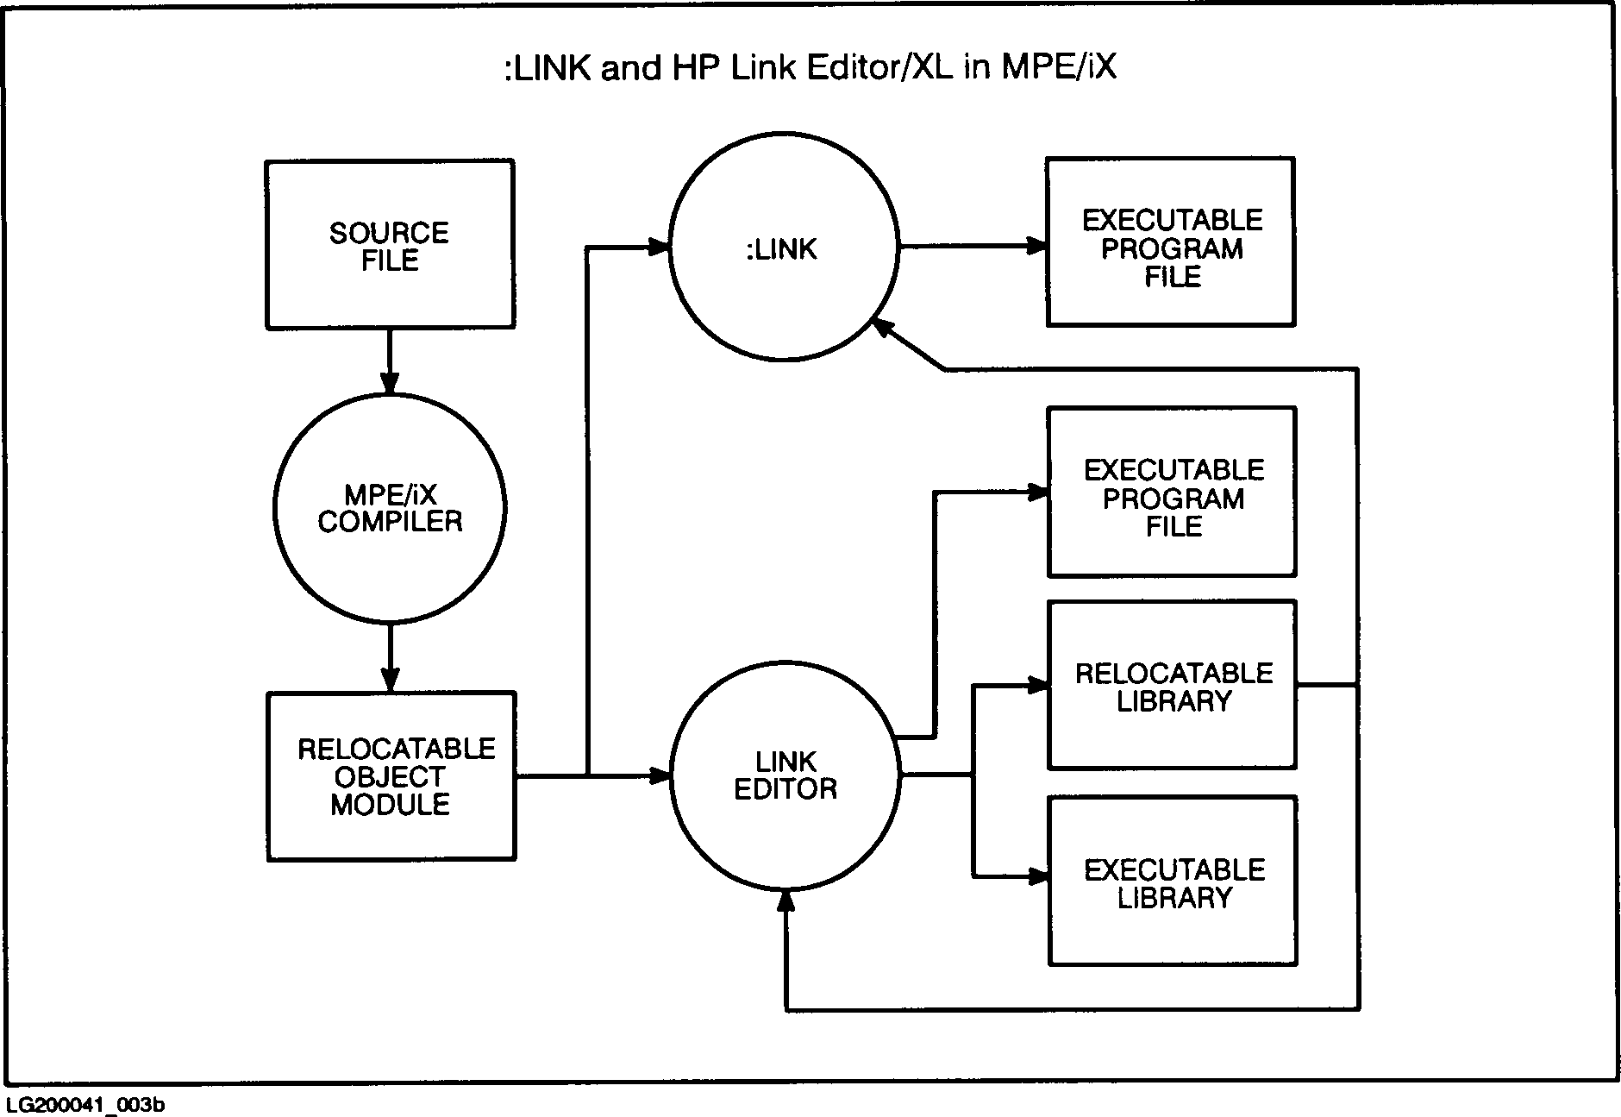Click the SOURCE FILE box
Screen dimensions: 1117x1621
[390, 245]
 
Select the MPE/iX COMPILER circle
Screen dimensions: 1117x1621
[390, 508]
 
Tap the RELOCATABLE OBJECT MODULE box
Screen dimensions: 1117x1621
[391, 776]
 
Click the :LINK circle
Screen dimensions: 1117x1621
[784, 248]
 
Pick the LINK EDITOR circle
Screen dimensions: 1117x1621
[785, 775]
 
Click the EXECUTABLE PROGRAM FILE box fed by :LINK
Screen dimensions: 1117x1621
[1171, 242]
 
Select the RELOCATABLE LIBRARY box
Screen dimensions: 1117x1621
[1173, 685]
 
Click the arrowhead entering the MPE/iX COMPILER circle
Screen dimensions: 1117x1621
[390, 383]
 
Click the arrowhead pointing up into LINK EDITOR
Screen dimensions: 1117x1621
[785, 902]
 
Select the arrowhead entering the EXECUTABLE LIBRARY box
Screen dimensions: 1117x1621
[1037, 877]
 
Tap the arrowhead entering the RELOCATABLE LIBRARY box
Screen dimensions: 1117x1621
[1037, 686]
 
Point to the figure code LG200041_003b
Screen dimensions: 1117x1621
[84, 1105]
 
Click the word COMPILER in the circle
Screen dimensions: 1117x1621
[390, 522]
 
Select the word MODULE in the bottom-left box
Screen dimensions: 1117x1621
[390, 804]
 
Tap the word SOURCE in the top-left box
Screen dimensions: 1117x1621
[389, 233]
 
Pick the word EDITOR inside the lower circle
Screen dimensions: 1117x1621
[785, 789]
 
